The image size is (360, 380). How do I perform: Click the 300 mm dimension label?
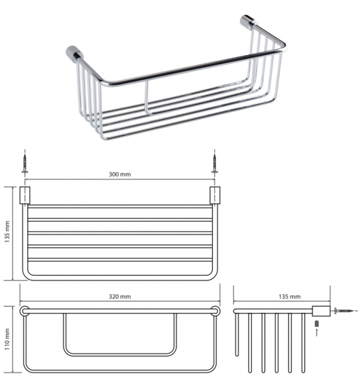(120, 174)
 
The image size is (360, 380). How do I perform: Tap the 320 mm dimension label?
(120, 296)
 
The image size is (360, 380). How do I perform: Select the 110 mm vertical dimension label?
(7, 339)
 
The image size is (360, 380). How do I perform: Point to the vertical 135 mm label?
(7, 232)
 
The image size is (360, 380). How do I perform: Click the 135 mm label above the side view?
(290, 296)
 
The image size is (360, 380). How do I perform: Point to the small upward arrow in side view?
(317, 332)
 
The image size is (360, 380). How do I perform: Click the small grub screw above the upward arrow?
(317, 323)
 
